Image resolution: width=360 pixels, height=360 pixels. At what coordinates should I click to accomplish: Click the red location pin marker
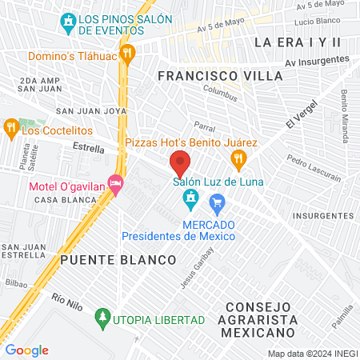tap(180, 164)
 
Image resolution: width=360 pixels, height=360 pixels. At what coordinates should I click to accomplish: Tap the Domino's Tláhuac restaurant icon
tap(129, 52)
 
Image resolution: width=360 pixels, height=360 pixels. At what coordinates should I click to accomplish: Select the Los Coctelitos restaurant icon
tap(10, 126)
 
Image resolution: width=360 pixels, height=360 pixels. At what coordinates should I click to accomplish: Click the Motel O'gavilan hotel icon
tap(116, 186)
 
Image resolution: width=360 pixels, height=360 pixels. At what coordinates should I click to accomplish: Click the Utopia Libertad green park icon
tap(102, 318)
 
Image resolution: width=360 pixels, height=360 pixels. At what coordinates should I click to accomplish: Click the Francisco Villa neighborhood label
tap(220, 75)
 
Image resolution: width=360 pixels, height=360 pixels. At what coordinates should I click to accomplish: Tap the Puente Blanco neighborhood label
tap(118, 261)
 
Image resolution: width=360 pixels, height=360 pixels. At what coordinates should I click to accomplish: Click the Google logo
tap(27, 350)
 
